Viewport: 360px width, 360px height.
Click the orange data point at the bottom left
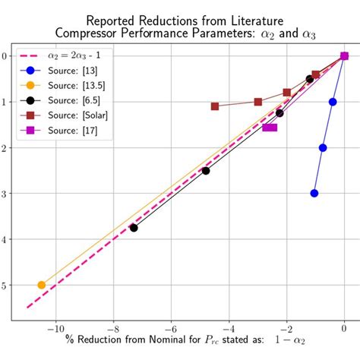pos(42,285)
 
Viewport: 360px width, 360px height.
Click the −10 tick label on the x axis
pos(55,330)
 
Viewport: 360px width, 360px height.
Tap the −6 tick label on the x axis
pos(170,330)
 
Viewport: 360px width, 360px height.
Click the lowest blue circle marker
pos(314,193)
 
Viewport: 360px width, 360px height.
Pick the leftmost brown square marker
pos(215,106)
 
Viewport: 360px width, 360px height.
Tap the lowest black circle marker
pos(134,228)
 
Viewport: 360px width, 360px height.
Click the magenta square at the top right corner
pos(344,55)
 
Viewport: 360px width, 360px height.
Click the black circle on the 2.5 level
pos(206,171)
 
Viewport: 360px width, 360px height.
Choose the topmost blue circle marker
pos(333,102)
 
